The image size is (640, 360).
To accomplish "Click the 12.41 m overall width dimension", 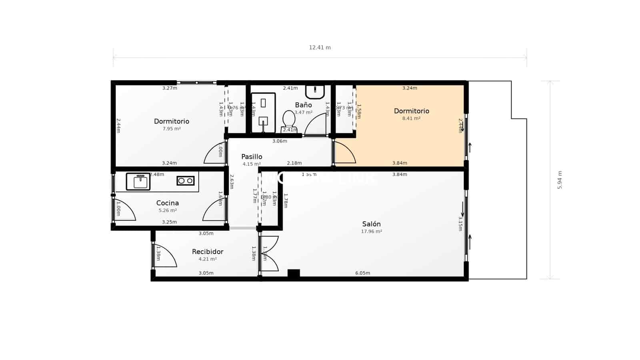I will (x=320, y=48).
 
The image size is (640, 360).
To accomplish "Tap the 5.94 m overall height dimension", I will (x=560, y=180).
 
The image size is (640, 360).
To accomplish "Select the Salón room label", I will (x=371, y=224).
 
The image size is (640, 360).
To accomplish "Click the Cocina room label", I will (x=167, y=203).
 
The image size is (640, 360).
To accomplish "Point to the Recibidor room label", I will (x=207, y=252).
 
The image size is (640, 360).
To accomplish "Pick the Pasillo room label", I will (x=252, y=157).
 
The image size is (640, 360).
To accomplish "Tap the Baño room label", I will (x=303, y=105).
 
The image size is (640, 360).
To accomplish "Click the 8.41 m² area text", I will (x=411, y=118).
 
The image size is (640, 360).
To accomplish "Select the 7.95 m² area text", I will (x=171, y=129).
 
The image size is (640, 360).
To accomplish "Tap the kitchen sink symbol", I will (x=138, y=182).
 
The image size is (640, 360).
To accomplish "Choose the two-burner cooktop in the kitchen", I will (x=185, y=181).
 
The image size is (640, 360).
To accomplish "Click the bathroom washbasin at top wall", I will (x=315, y=92).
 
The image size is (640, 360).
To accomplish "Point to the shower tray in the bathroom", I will (x=263, y=113).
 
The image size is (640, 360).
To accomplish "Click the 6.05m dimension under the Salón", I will (x=362, y=273).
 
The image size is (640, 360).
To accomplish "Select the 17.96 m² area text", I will (x=371, y=232).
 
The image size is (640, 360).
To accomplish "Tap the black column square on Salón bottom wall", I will (x=294, y=274).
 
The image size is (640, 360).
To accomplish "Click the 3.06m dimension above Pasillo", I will (x=280, y=141).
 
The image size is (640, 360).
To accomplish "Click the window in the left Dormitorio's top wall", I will (x=196, y=83).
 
